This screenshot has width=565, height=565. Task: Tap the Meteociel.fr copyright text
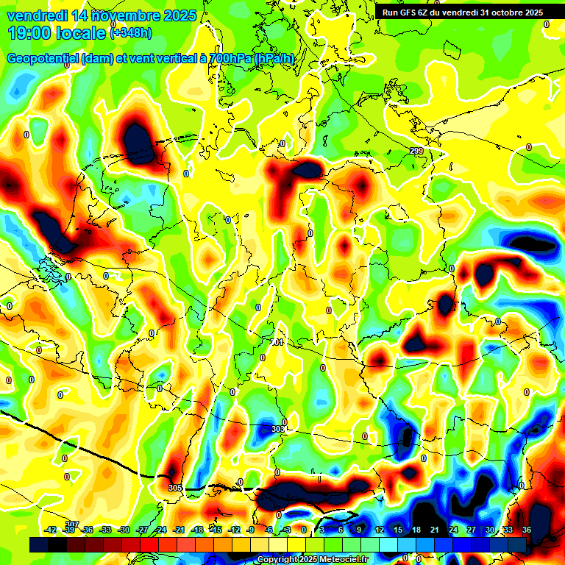click(313, 560)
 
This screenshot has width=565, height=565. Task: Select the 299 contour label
click(416, 151)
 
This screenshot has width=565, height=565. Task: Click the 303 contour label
click(277, 429)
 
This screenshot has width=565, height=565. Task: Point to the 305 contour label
click(174, 488)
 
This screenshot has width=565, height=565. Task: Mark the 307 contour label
click(71, 524)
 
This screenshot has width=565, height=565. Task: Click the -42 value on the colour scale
click(51, 530)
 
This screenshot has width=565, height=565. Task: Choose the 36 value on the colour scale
click(527, 530)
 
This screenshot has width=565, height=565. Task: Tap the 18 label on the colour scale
click(416, 530)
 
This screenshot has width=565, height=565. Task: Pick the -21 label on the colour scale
click(179, 530)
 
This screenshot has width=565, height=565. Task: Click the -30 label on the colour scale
click(124, 530)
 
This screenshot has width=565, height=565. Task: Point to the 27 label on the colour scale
click(472, 530)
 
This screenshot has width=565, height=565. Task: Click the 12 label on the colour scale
click(379, 530)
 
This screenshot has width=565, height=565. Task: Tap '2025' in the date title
click(179, 15)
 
